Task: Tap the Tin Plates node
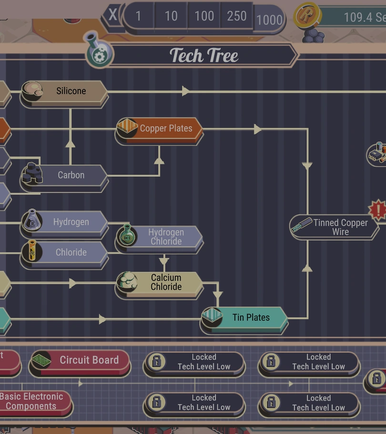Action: [x=245, y=318]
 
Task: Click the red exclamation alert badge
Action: [x=378, y=210]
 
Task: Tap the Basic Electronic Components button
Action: [x=33, y=402]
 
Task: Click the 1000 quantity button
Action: [x=269, y=20]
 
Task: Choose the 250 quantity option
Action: [x=237, y=16]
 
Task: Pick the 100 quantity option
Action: [x=204, y=16]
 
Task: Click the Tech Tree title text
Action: [x=204, y=56]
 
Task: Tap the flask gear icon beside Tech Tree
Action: [x=99, y=52]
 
